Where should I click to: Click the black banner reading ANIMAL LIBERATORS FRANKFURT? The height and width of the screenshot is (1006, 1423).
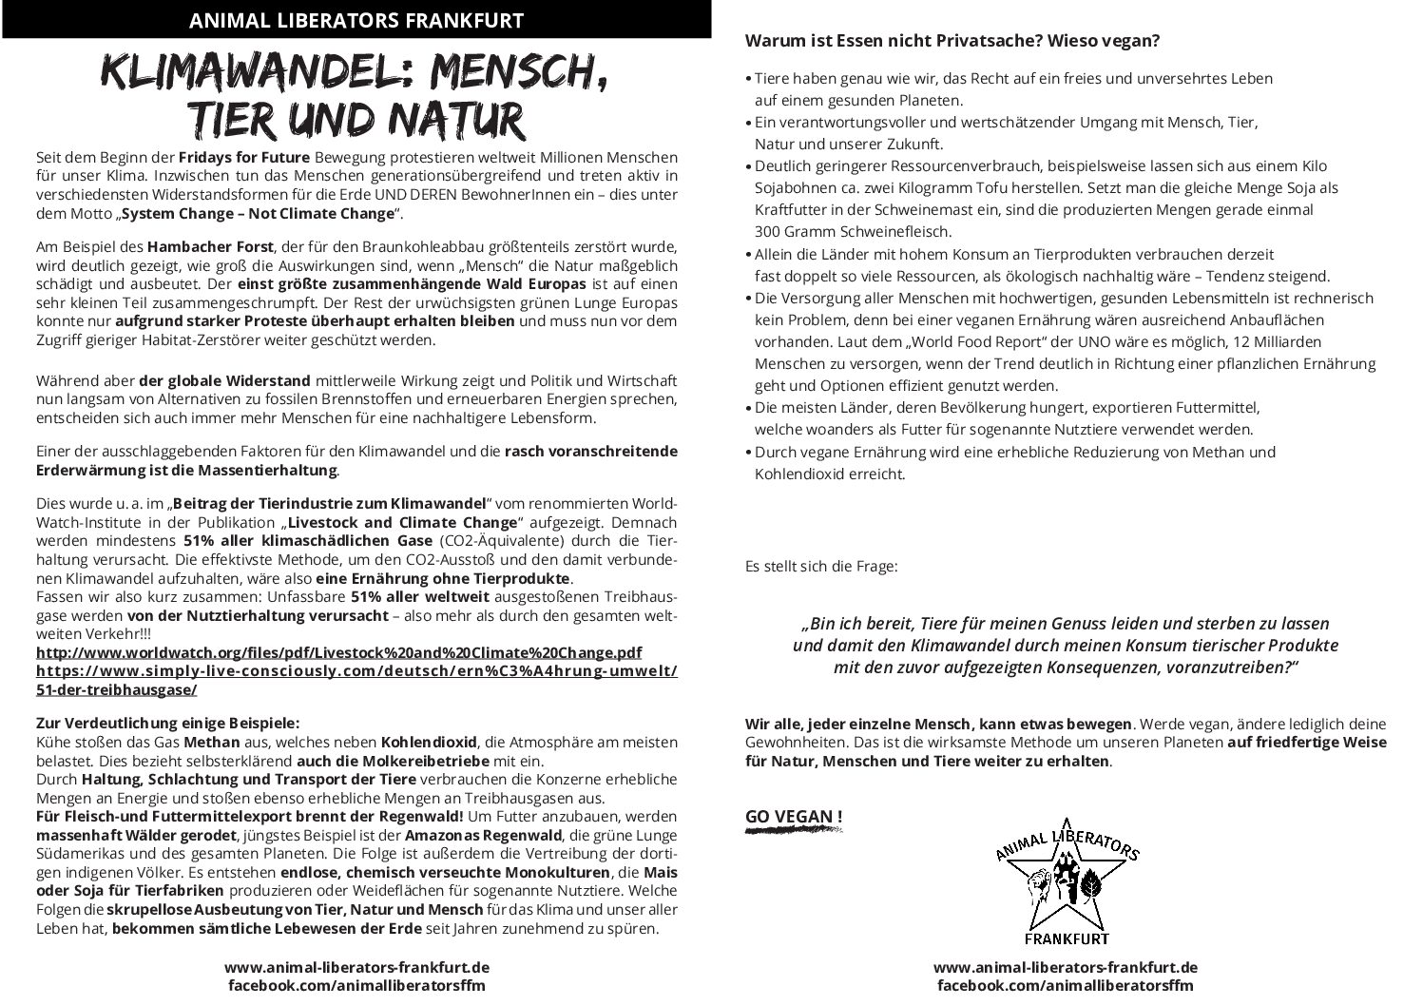pyautogui.click(x=356, y=20)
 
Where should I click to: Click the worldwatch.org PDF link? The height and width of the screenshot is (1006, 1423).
pyautogui.click(x=338, y=652)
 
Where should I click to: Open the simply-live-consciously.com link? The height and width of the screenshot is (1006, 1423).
pyautogui.click(x=356, y=670)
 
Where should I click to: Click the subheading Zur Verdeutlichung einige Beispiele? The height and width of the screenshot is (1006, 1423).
pyautogui.click(x=167, y=723)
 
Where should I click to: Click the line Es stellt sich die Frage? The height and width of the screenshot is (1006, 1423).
pyautogui.click(x=820, y=567)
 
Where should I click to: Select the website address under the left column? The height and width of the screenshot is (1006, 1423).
pyautogui.click(x=356, y=967)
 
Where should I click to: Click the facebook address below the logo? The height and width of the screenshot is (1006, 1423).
pyautogui.click(x=1065, y=986)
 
